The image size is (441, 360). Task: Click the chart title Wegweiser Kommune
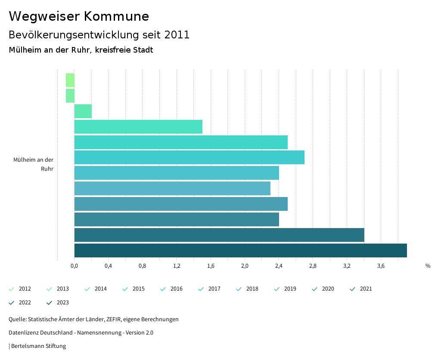[x=79, y=16]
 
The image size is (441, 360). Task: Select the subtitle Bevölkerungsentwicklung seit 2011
[x=99, y=35]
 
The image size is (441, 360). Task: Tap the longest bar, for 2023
[x=240, y=250]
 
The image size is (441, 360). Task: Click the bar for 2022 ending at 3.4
[x=219, y=235]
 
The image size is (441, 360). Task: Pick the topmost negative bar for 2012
[x=70, y=80]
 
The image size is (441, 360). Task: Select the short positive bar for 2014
[x=83, y=111]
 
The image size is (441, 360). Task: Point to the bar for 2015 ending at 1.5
[x=138, y=127]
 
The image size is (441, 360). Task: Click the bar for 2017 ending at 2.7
[x=189, y=157]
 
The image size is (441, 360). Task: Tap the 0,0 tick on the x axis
[x=74, y=266]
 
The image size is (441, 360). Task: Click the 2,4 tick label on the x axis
[x=279, y=266]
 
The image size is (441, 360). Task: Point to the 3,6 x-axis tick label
[x=381, y=266]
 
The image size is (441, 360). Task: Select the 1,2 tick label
[x=177, y=266]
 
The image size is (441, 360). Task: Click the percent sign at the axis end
[x=428, y=266]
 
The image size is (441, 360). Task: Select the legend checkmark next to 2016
[x=163, y=289]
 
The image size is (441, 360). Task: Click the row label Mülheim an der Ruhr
[x=34, y=164]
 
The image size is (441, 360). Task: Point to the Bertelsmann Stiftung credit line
[x=38, y=346]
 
